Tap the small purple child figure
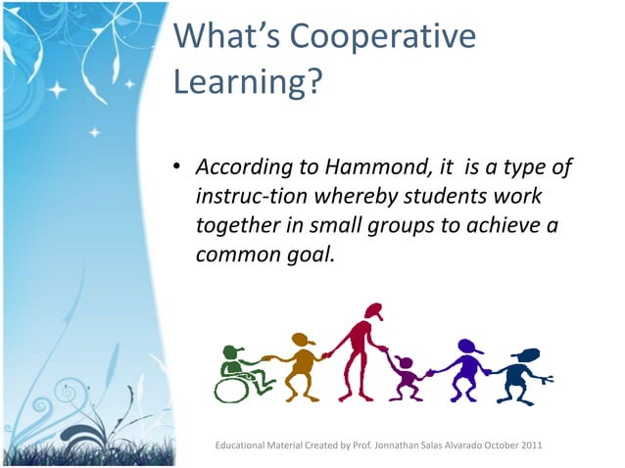[x=404, y=378]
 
